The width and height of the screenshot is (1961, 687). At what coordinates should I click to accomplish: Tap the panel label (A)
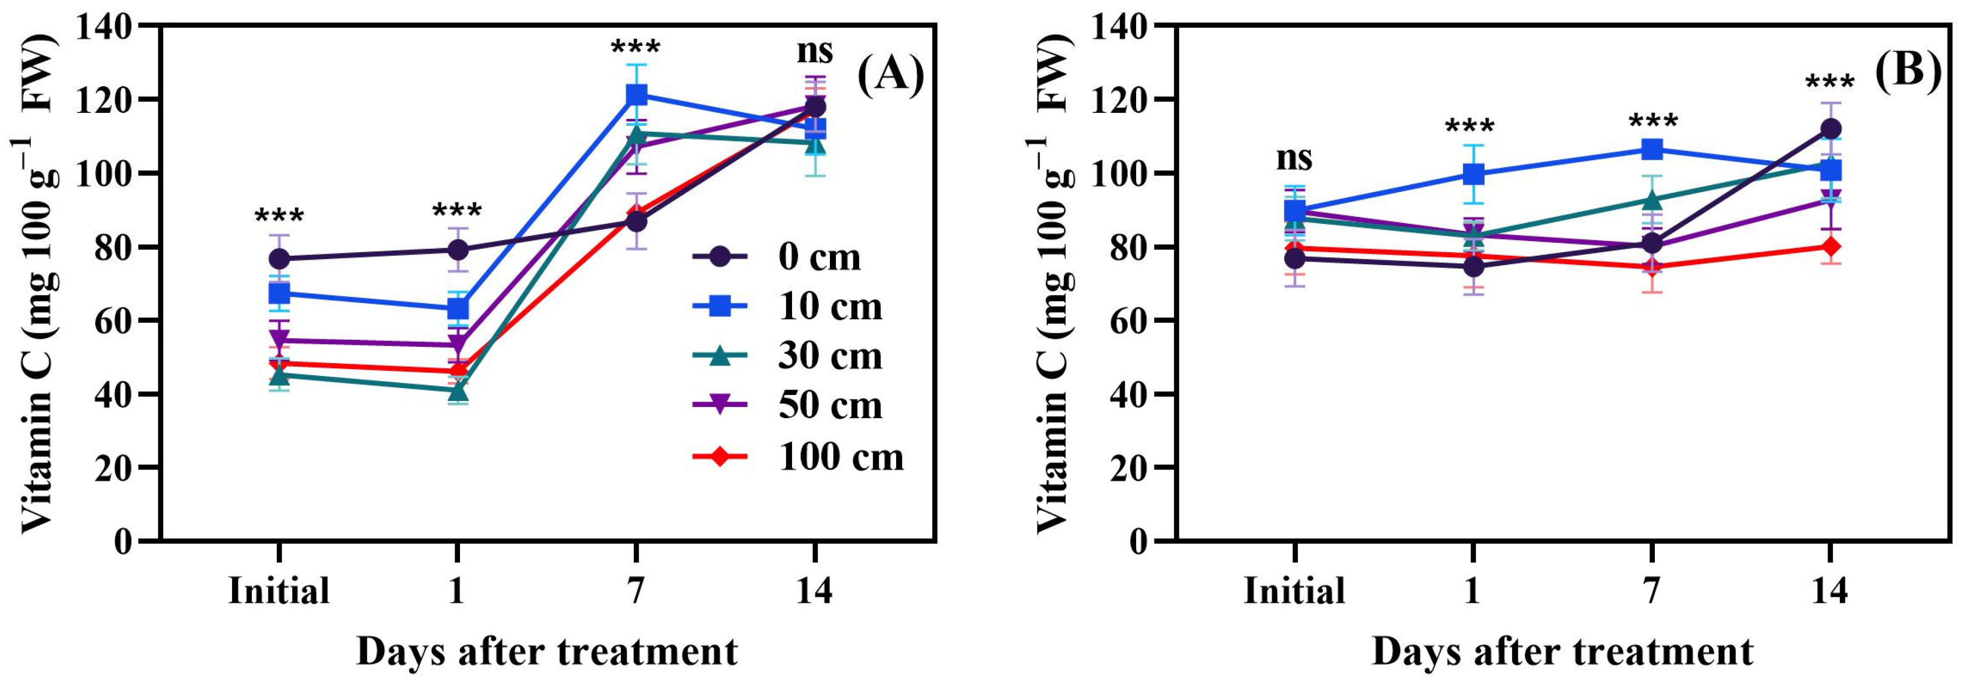click(891, 77)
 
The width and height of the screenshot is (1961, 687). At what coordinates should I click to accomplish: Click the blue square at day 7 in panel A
click(636, 95)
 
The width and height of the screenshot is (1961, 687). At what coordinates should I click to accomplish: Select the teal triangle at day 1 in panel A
click(458, 391)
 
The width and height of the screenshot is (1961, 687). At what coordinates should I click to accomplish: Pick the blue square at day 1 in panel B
click(1474, 174)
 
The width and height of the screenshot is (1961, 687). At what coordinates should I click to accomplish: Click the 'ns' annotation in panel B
click(1294, 158)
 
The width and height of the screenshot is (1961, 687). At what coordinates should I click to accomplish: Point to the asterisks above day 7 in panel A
click(636, 48)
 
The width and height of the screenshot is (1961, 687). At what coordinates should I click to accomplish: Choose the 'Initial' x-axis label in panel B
click(1294, 590)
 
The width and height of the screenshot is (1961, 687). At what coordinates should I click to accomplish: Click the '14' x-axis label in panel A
click(814, 590)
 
